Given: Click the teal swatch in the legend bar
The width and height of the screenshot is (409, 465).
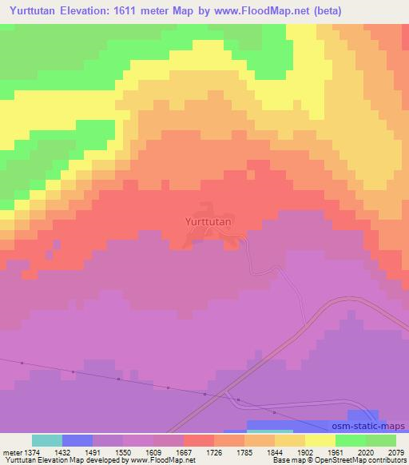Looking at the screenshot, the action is pos(47,440).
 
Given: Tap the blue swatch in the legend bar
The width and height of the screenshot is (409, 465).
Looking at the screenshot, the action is pos(77,440).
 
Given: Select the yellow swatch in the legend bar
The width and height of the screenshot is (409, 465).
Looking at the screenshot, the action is pos(320,440).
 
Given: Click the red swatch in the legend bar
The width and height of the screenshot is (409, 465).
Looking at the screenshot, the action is pos(199,440).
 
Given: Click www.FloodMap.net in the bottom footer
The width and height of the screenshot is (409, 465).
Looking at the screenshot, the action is pos(165,460).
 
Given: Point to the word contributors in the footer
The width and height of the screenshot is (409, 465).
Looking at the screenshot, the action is pos(387,460).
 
